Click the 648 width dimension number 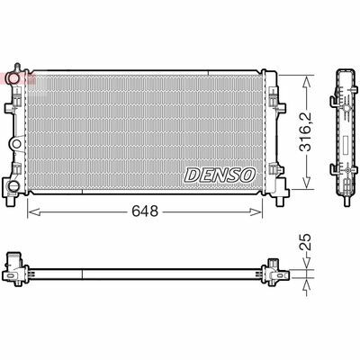(145, 211)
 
